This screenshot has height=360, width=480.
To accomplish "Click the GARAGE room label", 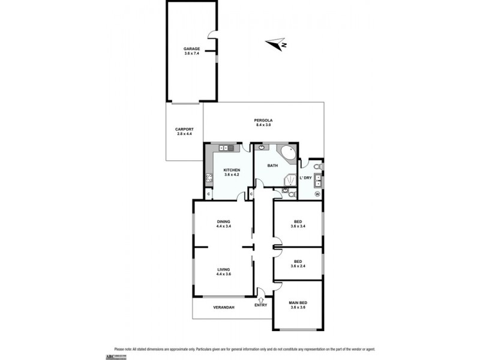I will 191,49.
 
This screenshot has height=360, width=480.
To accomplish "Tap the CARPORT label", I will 184,129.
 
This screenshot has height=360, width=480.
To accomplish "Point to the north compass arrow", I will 277,44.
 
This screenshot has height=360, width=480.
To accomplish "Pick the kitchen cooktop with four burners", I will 209,177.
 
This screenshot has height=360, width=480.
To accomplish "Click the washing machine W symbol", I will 317,194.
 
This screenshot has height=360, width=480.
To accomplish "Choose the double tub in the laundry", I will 318,178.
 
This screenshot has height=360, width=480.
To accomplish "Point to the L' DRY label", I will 306,178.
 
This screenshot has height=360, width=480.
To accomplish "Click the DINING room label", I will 223,222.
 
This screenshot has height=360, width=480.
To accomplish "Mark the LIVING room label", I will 223,269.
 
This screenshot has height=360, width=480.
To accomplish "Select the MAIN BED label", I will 298,303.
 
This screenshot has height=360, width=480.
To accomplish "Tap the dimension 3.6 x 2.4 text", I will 298,266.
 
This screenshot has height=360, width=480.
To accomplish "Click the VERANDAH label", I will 223,307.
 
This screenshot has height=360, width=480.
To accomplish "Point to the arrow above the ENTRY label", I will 261,298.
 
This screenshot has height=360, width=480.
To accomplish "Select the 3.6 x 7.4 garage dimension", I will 191,54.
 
